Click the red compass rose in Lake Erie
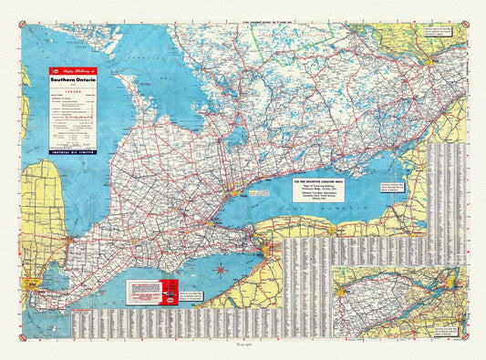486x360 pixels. pos(222,271)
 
